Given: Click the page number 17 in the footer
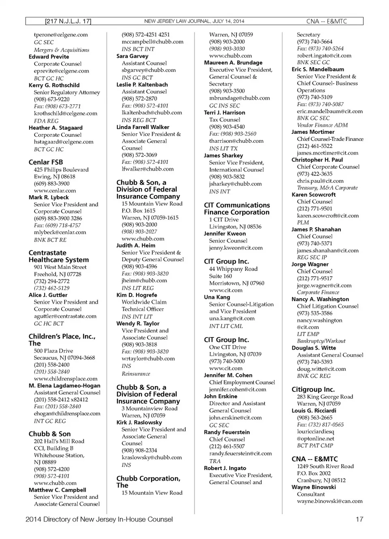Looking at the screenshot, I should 359,519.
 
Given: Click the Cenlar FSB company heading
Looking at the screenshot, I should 46,162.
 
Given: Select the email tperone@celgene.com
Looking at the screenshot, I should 60,35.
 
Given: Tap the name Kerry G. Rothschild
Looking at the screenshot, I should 54,85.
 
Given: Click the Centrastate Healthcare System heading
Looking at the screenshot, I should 58,256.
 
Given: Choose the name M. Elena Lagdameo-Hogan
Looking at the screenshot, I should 64,386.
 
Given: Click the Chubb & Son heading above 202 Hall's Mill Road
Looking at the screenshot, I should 49,434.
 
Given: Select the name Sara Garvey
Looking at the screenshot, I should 132,56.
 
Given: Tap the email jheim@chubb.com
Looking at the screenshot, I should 144,281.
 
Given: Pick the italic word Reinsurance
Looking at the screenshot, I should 136,374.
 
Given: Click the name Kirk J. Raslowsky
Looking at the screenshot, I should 139,422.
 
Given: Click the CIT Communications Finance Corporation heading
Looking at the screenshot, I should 237,208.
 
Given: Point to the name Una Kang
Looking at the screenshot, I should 217,297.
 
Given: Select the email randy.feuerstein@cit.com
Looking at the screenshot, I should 240,453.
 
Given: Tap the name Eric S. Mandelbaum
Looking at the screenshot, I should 318,69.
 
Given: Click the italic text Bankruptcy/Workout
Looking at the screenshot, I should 321,341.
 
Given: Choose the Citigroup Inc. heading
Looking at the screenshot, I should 313,389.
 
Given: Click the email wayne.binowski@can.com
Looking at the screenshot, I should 329,501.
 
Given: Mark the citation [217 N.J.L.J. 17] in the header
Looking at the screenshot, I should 68,21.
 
